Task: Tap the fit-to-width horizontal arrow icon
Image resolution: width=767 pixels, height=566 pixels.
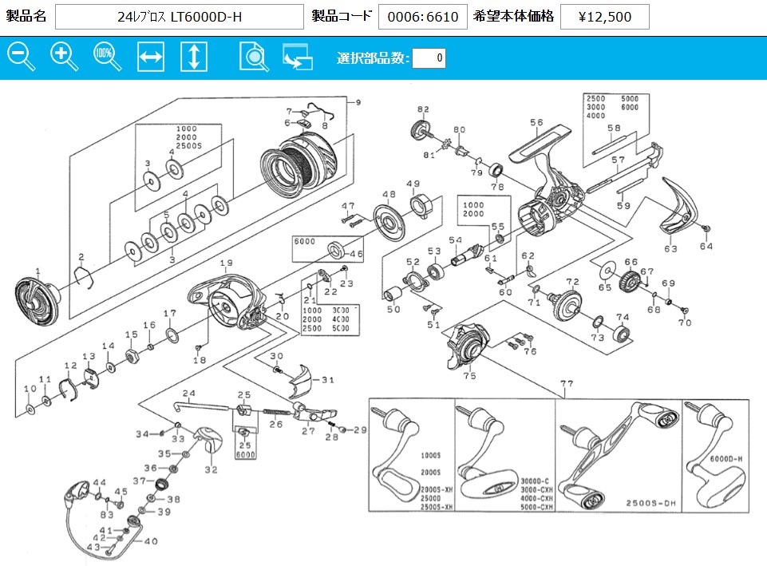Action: coord(150,57)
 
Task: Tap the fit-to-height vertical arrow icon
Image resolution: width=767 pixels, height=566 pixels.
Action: coord(194,57)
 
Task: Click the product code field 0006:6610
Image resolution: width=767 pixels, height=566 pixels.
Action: coord(422,16)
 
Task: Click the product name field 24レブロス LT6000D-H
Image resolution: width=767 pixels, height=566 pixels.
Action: coord(179,16)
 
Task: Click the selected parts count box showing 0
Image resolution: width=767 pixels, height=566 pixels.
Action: coord(429,58)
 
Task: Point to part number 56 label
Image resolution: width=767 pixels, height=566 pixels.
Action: coord(536,123)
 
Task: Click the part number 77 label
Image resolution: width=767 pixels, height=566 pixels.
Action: coord(566,384)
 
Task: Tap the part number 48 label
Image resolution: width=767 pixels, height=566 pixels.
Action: coord(389,195)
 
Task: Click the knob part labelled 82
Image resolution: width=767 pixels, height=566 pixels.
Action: coord(418,129)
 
